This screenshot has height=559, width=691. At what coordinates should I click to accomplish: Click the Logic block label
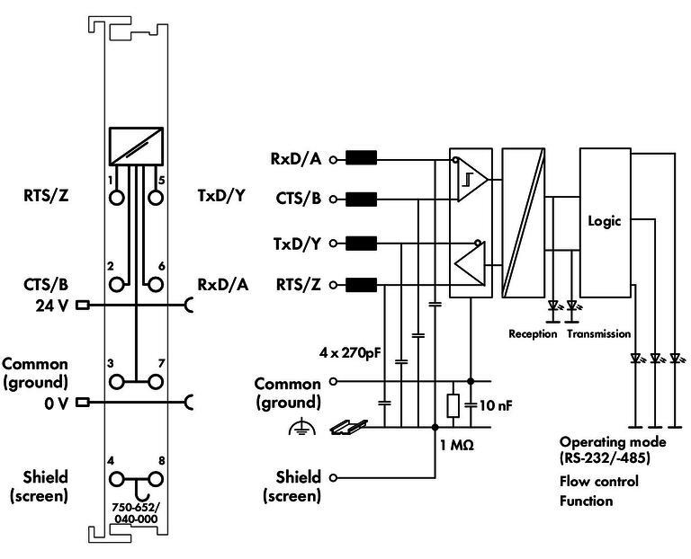coord(605,221)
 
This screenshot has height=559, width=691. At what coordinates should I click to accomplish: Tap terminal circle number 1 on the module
coord(117,198)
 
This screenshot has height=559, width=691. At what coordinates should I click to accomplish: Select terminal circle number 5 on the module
coord(155,198)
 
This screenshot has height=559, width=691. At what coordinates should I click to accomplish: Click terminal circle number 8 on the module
coord(155,479)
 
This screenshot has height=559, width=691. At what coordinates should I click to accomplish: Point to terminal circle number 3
coord(117,382)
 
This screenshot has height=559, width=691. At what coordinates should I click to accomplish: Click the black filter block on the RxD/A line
coord(362,157)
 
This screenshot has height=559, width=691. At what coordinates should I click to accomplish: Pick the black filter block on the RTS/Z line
coord(362,285)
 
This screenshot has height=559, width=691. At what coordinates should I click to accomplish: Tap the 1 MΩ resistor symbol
coord(453,405)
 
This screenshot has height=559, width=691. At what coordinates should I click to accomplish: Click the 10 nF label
coord(496,405)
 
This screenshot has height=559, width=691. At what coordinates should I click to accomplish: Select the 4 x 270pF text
coord(350,352)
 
